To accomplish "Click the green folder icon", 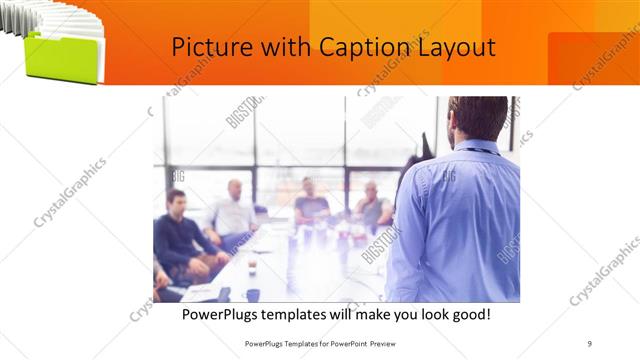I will coord(62,59).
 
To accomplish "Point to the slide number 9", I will coord(590,342).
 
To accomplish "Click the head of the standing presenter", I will coord(478,118).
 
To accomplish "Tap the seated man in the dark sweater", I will coord(177,232).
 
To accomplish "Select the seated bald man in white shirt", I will coord(234,211).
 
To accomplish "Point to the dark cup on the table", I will coord(253,294).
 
